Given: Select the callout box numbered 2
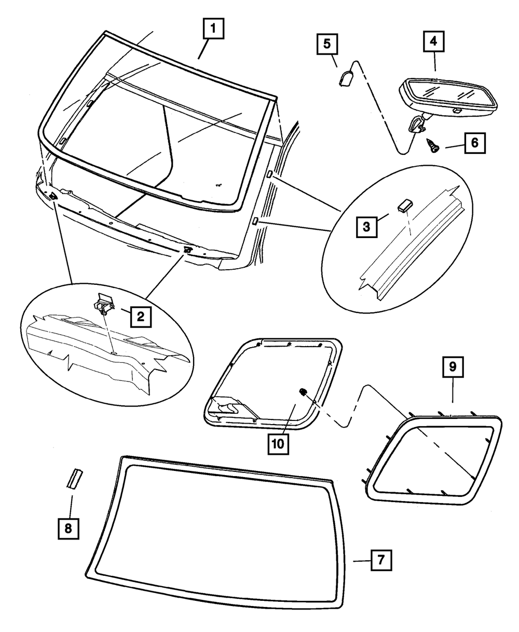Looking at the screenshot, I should pos(141,316).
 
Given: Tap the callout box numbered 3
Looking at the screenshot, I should pos(366,227).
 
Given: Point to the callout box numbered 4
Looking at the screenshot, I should pos(434,41).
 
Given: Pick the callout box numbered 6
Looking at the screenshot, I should pos(475,142).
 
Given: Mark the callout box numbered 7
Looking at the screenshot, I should pos(381,561).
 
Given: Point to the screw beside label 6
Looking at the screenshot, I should pos(433,145).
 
